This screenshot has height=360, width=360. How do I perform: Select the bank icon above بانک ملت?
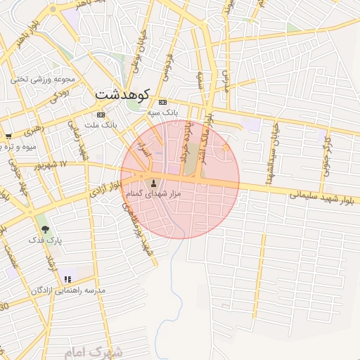tap(101, 115)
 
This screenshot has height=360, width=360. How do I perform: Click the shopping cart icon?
tap(8, 136)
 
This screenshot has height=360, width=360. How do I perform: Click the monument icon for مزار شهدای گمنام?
tap(154, 184)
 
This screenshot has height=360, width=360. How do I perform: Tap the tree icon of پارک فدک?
tap(46, 229)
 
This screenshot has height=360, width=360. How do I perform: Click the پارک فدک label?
tap(46, 240)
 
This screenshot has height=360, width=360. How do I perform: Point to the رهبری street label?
tap(32, 131)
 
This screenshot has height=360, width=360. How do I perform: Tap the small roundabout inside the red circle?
tap(225, 148)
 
